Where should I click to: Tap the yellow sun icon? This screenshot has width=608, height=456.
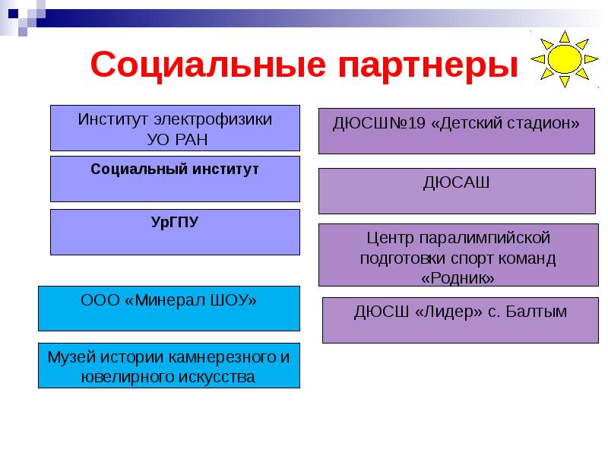(x=565, y=59)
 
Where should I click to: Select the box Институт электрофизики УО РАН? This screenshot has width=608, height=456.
(x=175, y=128)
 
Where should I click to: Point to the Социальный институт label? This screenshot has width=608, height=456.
(x=175, y=168)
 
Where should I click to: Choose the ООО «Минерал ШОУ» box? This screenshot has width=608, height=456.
(x=169, y=308)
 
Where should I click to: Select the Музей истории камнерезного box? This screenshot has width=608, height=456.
(x=169, y=366)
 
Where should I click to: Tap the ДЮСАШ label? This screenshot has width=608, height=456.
(x=456, y=182)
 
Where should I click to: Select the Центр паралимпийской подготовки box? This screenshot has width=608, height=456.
(x=458, y=255)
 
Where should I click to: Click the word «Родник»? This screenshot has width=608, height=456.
(x=458, y=278)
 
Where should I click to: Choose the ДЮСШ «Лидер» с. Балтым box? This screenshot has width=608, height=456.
(x=460, y=320)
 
